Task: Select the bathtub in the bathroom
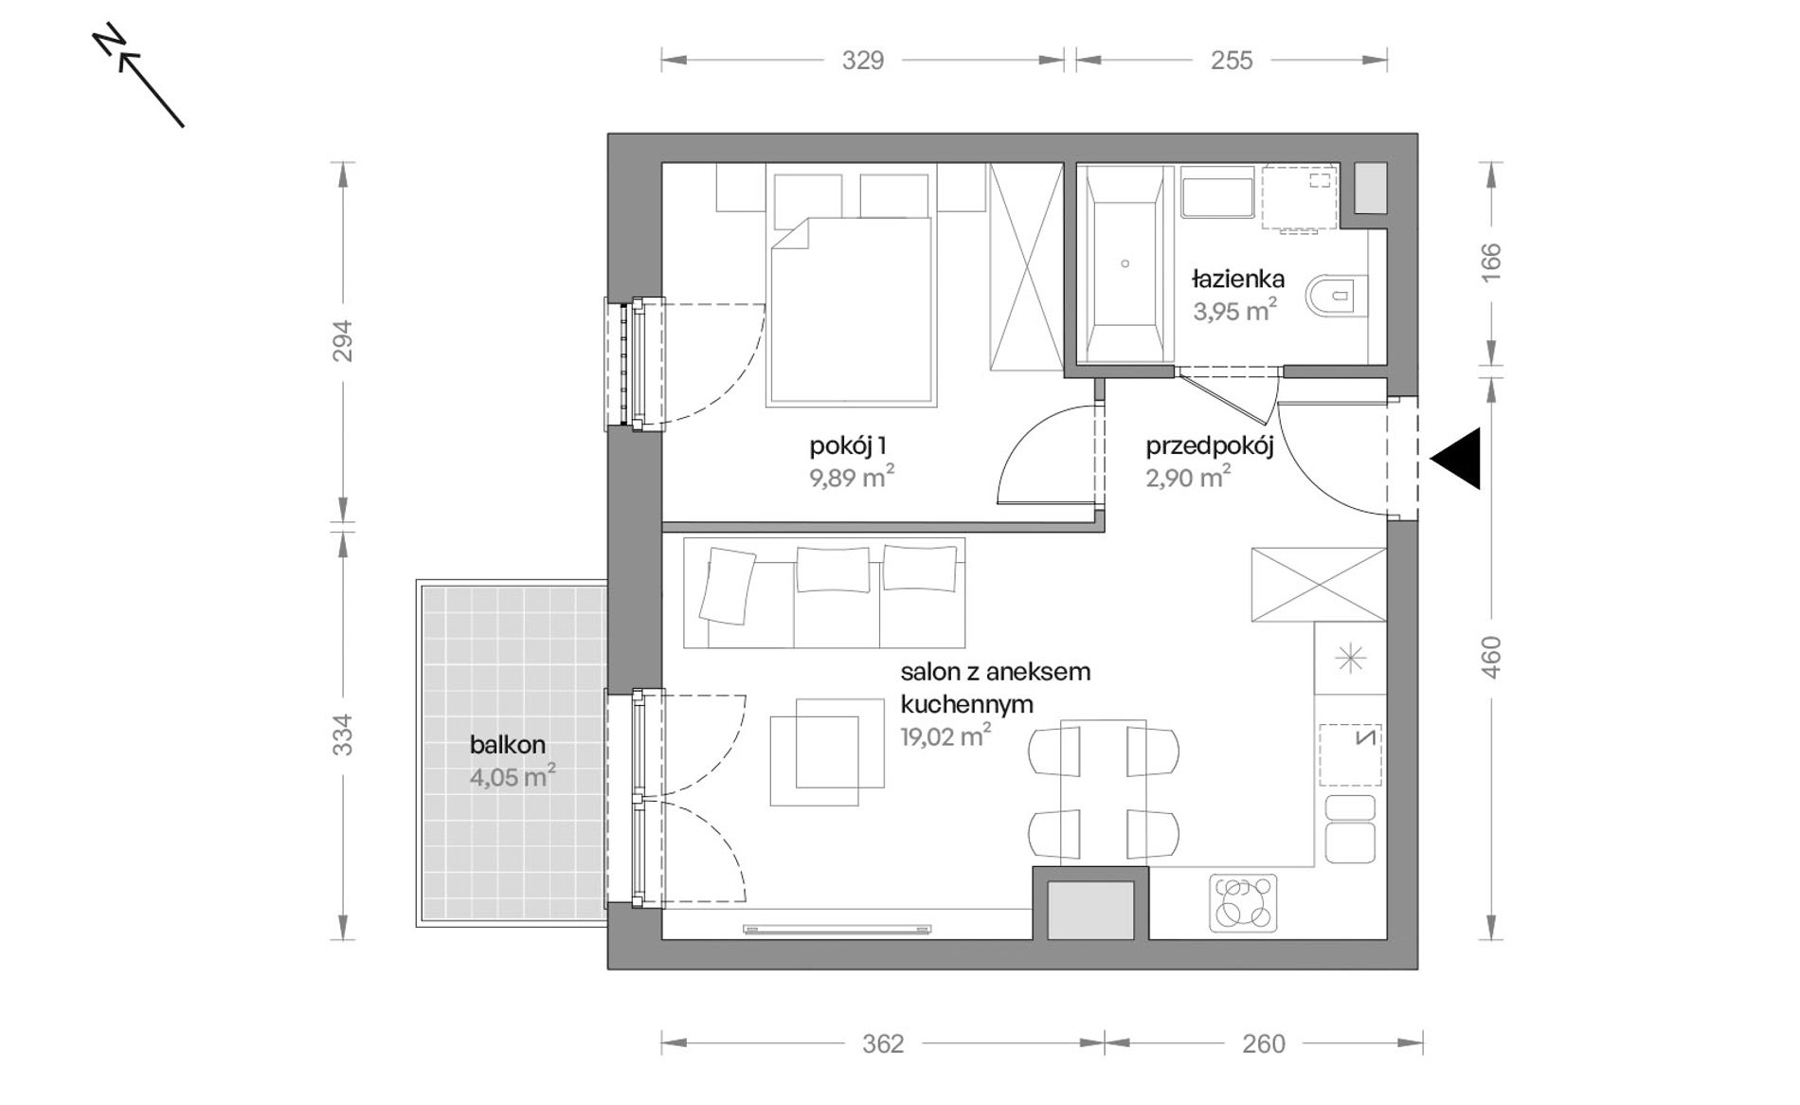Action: pos(1125,263)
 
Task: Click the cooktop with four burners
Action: pos(1243,902)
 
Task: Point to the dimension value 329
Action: pos(863,61)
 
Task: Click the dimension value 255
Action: pos(1232,61)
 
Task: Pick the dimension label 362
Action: pos(883,1044)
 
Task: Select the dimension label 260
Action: pos(1264,1044)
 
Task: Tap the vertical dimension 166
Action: pos(1491,263)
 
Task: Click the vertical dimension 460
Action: pos(1491,656)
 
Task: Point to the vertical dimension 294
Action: pos(343,341)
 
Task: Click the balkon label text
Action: pos(508,745)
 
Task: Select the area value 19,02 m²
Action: pos(945,736)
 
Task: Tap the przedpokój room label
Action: pos(1210,446)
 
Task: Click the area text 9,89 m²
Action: pos(852,477)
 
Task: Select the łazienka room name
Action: pos(1238,280)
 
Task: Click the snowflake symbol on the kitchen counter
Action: pos(1350,659)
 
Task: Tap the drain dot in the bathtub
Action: pos(1125,263)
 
